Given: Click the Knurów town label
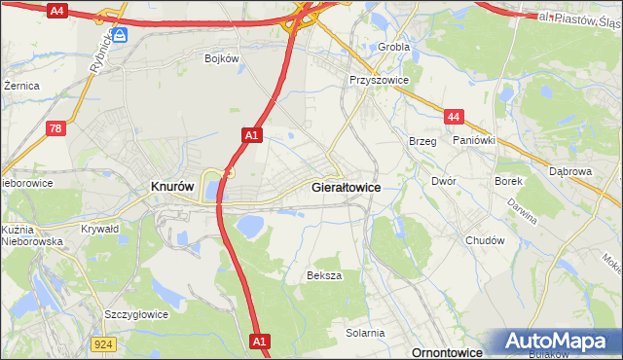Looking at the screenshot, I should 172,186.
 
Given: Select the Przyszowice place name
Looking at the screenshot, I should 379,81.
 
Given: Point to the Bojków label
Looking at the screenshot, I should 222,58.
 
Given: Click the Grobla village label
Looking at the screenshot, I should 394,46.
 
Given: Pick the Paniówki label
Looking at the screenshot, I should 474,140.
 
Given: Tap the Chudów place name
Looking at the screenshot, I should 485,240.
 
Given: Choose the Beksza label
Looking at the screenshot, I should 324,275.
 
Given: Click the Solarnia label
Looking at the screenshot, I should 365,333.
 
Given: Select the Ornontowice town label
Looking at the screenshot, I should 449,352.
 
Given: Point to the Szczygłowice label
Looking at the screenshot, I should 136,314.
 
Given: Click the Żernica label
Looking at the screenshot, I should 21,86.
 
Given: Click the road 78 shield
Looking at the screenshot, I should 56,128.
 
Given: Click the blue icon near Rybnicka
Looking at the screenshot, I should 121,36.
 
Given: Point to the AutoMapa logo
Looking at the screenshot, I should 559,342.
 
